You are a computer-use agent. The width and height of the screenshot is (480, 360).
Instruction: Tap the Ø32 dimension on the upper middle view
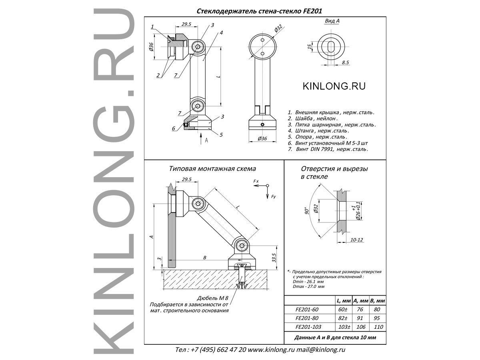(x=278, y=29)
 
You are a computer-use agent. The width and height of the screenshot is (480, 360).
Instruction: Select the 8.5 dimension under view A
(x=346, y=62)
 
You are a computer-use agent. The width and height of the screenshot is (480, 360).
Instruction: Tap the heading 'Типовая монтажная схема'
(x=212, y=169)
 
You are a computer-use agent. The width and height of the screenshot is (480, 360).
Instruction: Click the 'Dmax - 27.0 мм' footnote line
(x=308, y=286)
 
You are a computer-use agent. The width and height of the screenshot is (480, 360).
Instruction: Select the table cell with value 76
(x=360, y=309)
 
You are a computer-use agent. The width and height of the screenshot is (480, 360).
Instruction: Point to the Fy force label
(x=273, y=196)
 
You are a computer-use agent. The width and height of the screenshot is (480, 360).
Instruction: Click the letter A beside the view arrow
(x=206, y=140)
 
